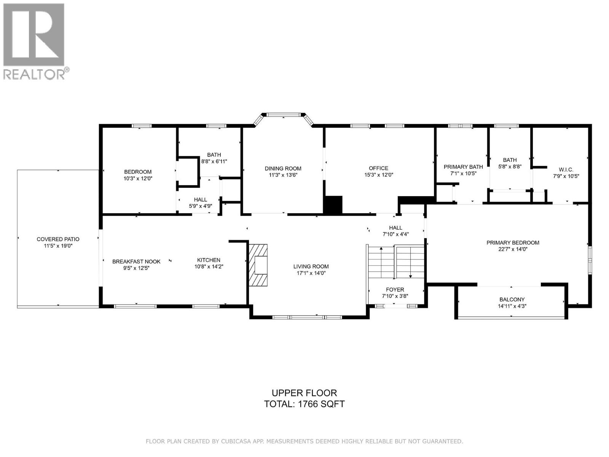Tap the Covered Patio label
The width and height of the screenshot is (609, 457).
pos(58,239)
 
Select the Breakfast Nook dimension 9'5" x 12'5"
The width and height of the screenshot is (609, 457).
pos(136,268)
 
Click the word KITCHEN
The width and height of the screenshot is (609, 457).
pos(209,260)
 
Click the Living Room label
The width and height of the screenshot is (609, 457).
pos(311,266)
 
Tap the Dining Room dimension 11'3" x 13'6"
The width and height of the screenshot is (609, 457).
pos(283,175)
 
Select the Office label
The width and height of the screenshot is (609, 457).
pos(378,168)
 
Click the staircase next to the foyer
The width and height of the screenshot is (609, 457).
pos(396,263)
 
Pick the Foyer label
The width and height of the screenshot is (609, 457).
pos(395,289)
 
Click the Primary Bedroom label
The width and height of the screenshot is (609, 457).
pos(513,243)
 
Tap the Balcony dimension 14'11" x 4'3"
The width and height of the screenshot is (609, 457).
pos(512,306)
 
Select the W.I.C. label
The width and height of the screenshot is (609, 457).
pos(566,169)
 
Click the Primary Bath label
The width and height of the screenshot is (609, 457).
pos(463,167)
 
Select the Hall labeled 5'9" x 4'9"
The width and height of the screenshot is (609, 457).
pos(201,200)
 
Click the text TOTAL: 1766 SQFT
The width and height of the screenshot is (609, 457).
pos(304,404)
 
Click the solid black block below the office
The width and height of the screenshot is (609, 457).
pos(333,205)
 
